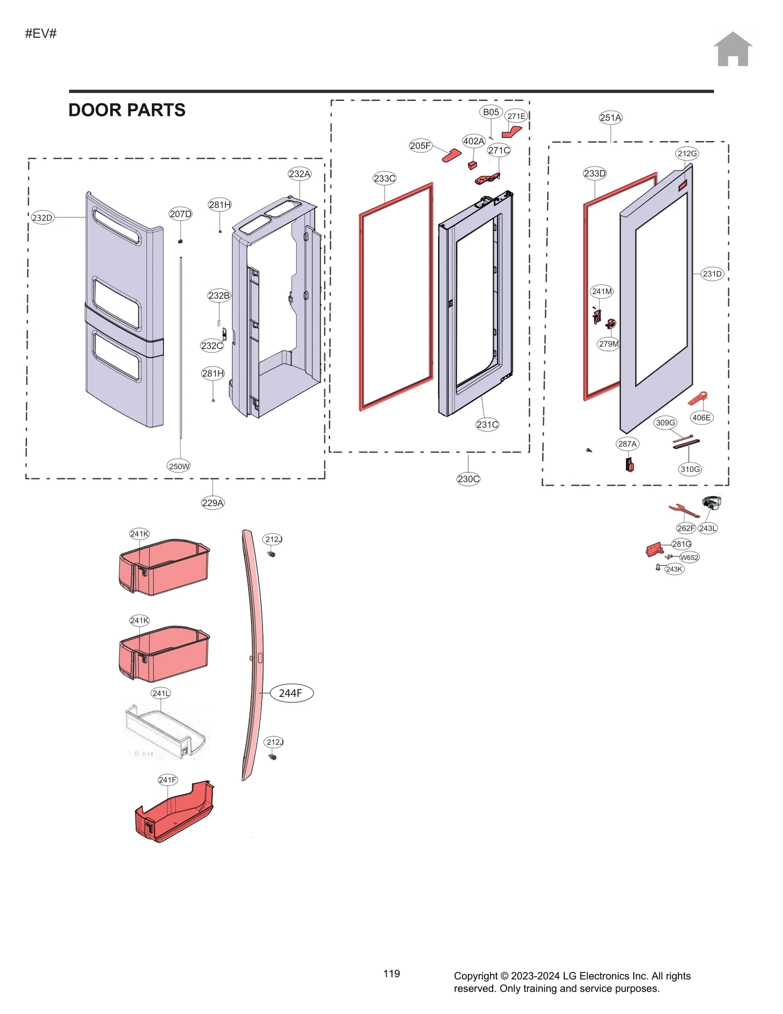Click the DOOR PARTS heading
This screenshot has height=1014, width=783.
coord(127,110)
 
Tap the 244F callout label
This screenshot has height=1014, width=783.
coord(291,693)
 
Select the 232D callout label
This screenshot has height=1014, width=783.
coord(42,218)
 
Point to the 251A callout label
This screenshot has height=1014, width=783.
coord(610,118)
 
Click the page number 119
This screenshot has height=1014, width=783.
coord(391,973)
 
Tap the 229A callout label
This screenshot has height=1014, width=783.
coord(212,502)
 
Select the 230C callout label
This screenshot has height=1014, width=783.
coord(468,479)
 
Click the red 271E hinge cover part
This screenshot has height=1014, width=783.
coord(512,132)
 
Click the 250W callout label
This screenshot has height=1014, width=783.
coord(179,466)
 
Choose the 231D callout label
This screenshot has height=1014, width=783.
coord(712,274)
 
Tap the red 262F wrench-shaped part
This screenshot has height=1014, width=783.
coord(683,511)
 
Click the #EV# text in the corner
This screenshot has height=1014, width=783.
coord(41,33)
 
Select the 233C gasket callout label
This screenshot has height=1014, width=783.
coord(384,179)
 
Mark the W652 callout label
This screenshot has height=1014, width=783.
coord(689,557)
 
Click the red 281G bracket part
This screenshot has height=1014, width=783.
coord(654,550)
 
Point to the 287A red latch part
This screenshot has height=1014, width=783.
coord(629,464)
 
